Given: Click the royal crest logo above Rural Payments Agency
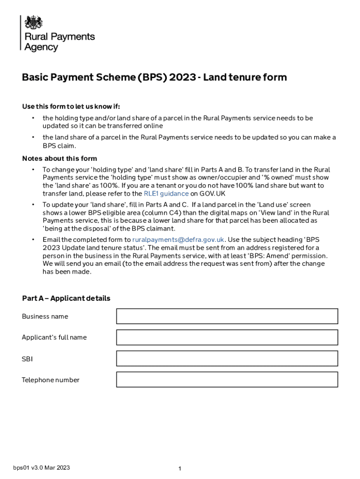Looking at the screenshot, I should click(33, 22).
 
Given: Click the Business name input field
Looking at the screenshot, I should click(227, 316).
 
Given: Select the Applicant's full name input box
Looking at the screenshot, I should click(227, 337).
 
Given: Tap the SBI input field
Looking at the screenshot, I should click(227, 358).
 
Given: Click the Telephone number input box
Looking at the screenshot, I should click(227, 379).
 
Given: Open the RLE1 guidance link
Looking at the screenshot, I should click(166, 194).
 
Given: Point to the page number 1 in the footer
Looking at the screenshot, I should click(180, 469).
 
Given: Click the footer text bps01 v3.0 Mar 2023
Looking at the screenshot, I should click(42, 468).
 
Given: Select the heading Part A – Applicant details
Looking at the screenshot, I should click(66, 298).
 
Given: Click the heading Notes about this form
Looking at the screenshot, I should click(59, 159).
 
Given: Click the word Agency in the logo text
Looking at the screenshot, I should click(41, 47).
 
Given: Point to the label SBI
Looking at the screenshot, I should click(27, 359).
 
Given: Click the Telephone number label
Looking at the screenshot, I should click(50, 380).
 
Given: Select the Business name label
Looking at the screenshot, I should click(45, 317).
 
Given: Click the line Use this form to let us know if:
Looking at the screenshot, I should click(74, 106).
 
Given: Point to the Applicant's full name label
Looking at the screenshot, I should click(54, 338).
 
